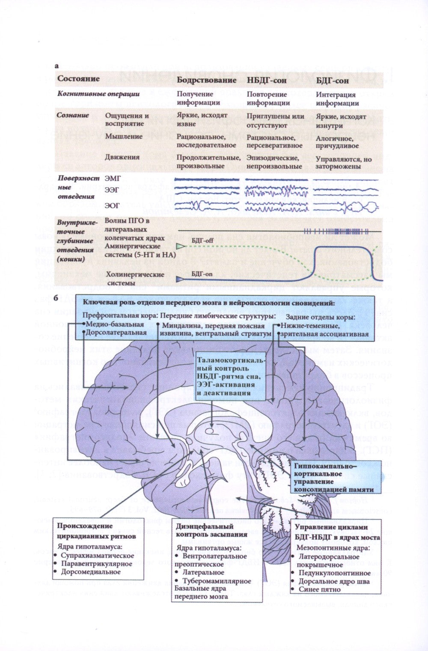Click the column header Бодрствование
tap(206, 80)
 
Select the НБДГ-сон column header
tap(267, 80)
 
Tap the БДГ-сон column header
tap(332, 80)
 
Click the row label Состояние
tap(79, 79)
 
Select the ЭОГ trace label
tap(112, 206)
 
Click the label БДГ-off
tap(202, 241)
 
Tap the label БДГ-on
tap(202, 273)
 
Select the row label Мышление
tap(124, 137)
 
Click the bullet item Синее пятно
tap(320, 589)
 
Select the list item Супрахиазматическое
tap(97, 556)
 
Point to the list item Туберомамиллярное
tap(217, 581)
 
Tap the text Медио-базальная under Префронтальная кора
tap(115, 324)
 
